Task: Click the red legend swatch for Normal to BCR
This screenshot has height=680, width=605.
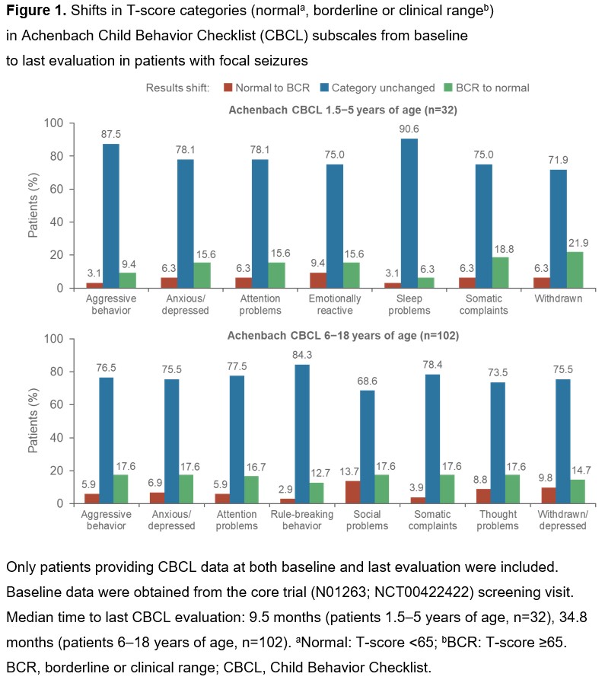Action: coord(227,88)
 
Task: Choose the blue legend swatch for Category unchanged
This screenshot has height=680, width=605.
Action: coord(323,88)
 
